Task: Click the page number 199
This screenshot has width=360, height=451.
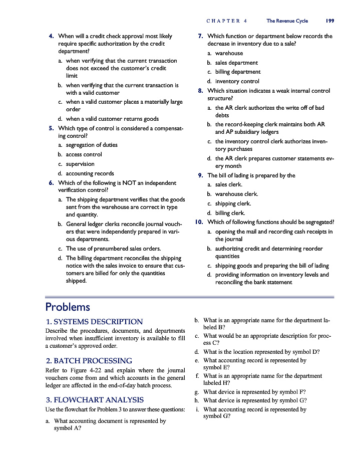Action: point(329,21)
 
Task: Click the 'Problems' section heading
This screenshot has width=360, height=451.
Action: point(68,307)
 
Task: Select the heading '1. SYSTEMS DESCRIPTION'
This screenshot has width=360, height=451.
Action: point(94,322)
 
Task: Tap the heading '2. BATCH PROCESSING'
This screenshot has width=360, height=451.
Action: point(89,361)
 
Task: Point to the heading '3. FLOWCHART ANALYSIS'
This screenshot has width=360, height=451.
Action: point(94,400)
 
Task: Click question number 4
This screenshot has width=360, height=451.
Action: point(52,37)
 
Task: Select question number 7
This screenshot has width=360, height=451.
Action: point(200,37)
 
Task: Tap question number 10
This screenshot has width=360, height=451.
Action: point(199,222)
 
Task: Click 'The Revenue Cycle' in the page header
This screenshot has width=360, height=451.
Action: point(287,21)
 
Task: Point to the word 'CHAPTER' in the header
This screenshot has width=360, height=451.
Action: point(222,21)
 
